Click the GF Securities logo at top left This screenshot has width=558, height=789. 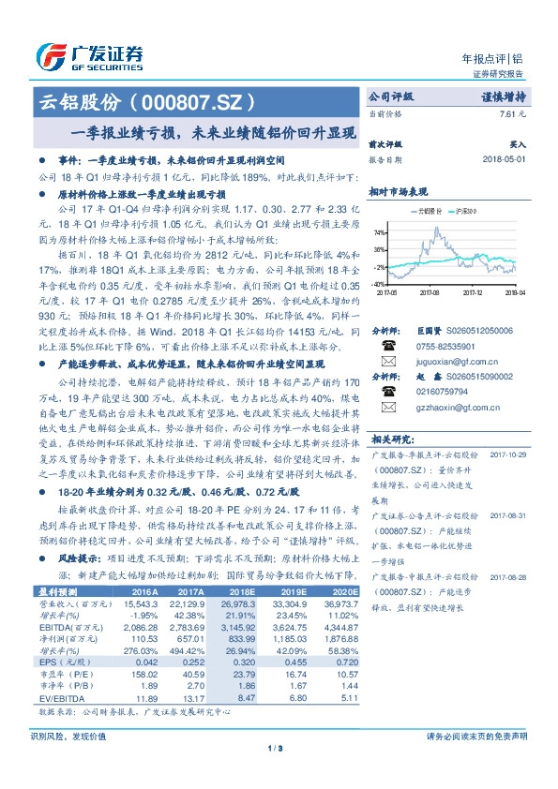pos(88,57)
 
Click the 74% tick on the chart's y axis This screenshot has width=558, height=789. pos(380,231)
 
